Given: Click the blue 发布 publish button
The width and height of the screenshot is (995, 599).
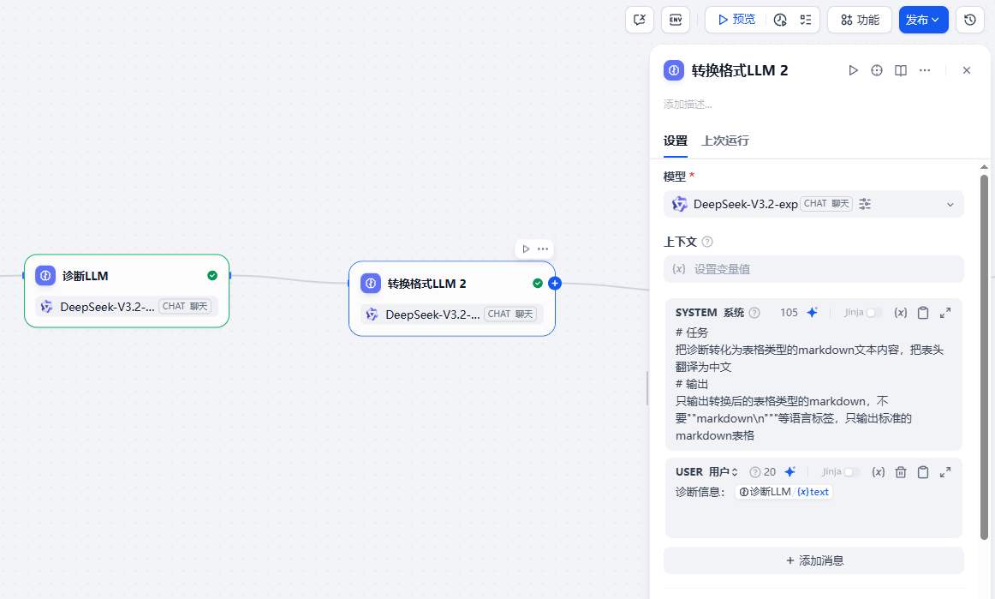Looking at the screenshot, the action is click(923, 20).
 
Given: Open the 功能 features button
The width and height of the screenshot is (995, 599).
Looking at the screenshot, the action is click(860, 20).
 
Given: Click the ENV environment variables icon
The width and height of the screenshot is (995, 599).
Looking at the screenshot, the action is click(676, 20).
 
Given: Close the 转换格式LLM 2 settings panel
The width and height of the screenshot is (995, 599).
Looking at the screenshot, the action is click(967, 70).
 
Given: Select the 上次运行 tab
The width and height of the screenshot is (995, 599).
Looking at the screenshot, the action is click(725, 141).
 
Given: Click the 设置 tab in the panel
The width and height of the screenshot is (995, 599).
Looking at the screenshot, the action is click(675, 141).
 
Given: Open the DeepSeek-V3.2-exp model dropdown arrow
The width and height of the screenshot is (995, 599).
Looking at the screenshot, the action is click(950, 205).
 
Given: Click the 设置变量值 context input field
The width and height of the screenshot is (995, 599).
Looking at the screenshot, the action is click(813, 269).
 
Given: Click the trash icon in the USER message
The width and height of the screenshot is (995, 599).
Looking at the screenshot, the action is click(901, 472).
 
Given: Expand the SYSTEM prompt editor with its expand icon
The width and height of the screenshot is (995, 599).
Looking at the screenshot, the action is click(944, 313).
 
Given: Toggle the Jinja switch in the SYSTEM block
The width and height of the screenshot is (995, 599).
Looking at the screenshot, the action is click(873, 313).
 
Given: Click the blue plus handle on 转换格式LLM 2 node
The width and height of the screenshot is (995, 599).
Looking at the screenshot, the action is click(555, 284).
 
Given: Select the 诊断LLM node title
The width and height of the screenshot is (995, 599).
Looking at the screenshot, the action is click(85, 276).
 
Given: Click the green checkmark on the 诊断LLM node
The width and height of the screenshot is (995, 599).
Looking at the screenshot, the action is click(212, 276).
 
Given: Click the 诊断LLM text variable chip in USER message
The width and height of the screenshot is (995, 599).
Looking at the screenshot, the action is click(783, 492).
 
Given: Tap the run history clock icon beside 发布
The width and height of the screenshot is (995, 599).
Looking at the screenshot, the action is click(969, 20).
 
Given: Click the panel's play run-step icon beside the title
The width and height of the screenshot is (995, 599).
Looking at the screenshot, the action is click(854, 70).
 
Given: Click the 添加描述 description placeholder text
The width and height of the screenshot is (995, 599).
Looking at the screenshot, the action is click(688, 105).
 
